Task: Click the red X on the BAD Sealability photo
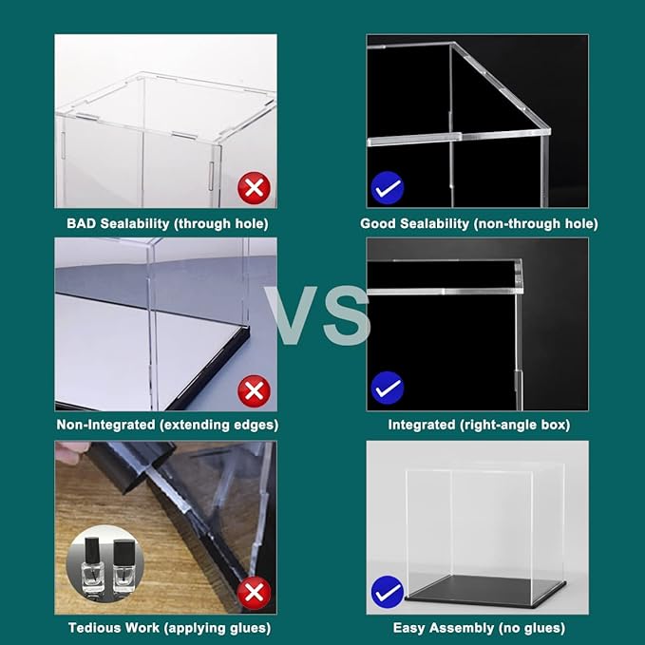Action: (254, 188)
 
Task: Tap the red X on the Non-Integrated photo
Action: (254, 389)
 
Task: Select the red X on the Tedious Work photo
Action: (254, 593)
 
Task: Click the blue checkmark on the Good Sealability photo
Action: (388, 188)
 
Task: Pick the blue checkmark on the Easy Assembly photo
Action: (388, 593)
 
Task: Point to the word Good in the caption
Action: (378, 224)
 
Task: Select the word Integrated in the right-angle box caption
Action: (424, 425)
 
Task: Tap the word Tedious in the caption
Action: (93, 628)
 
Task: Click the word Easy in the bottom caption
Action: (409, 628)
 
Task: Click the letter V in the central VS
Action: (292, 316)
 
